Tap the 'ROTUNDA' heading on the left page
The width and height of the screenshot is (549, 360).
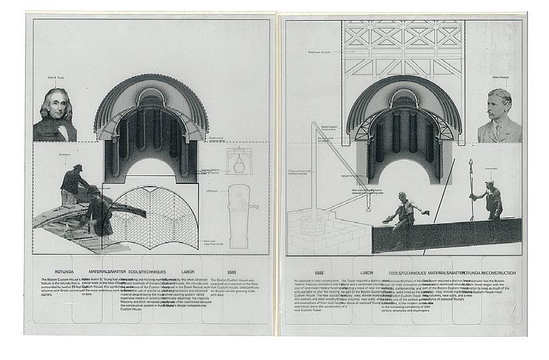[x=53, y=272]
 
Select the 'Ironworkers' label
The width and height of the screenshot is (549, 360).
[x=492, y=169]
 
